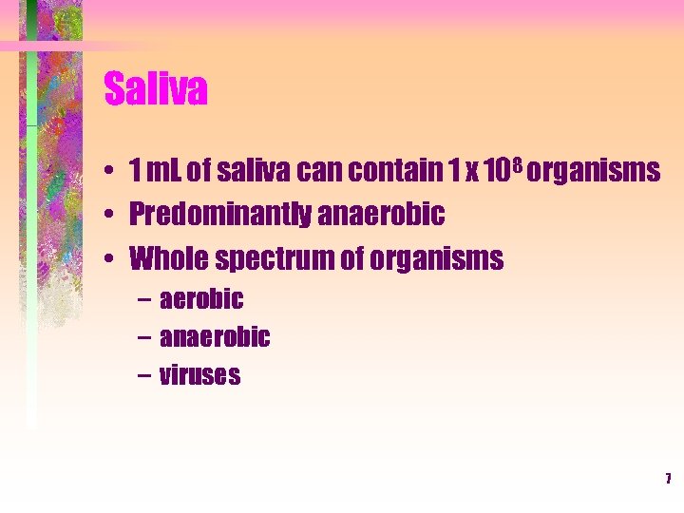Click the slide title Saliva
click(x=156, y=90)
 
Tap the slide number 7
click(x=668, y=478)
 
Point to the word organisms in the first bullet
click(x=593, y=172)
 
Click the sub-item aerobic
click(x=201, y=300)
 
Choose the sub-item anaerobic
click(x=215, y=337)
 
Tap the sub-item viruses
click(x=199, y=375)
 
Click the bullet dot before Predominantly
click(x=111, y=216)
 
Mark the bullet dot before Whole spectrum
click(x=111, y=259)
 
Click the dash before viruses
click(x=142, y=376)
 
